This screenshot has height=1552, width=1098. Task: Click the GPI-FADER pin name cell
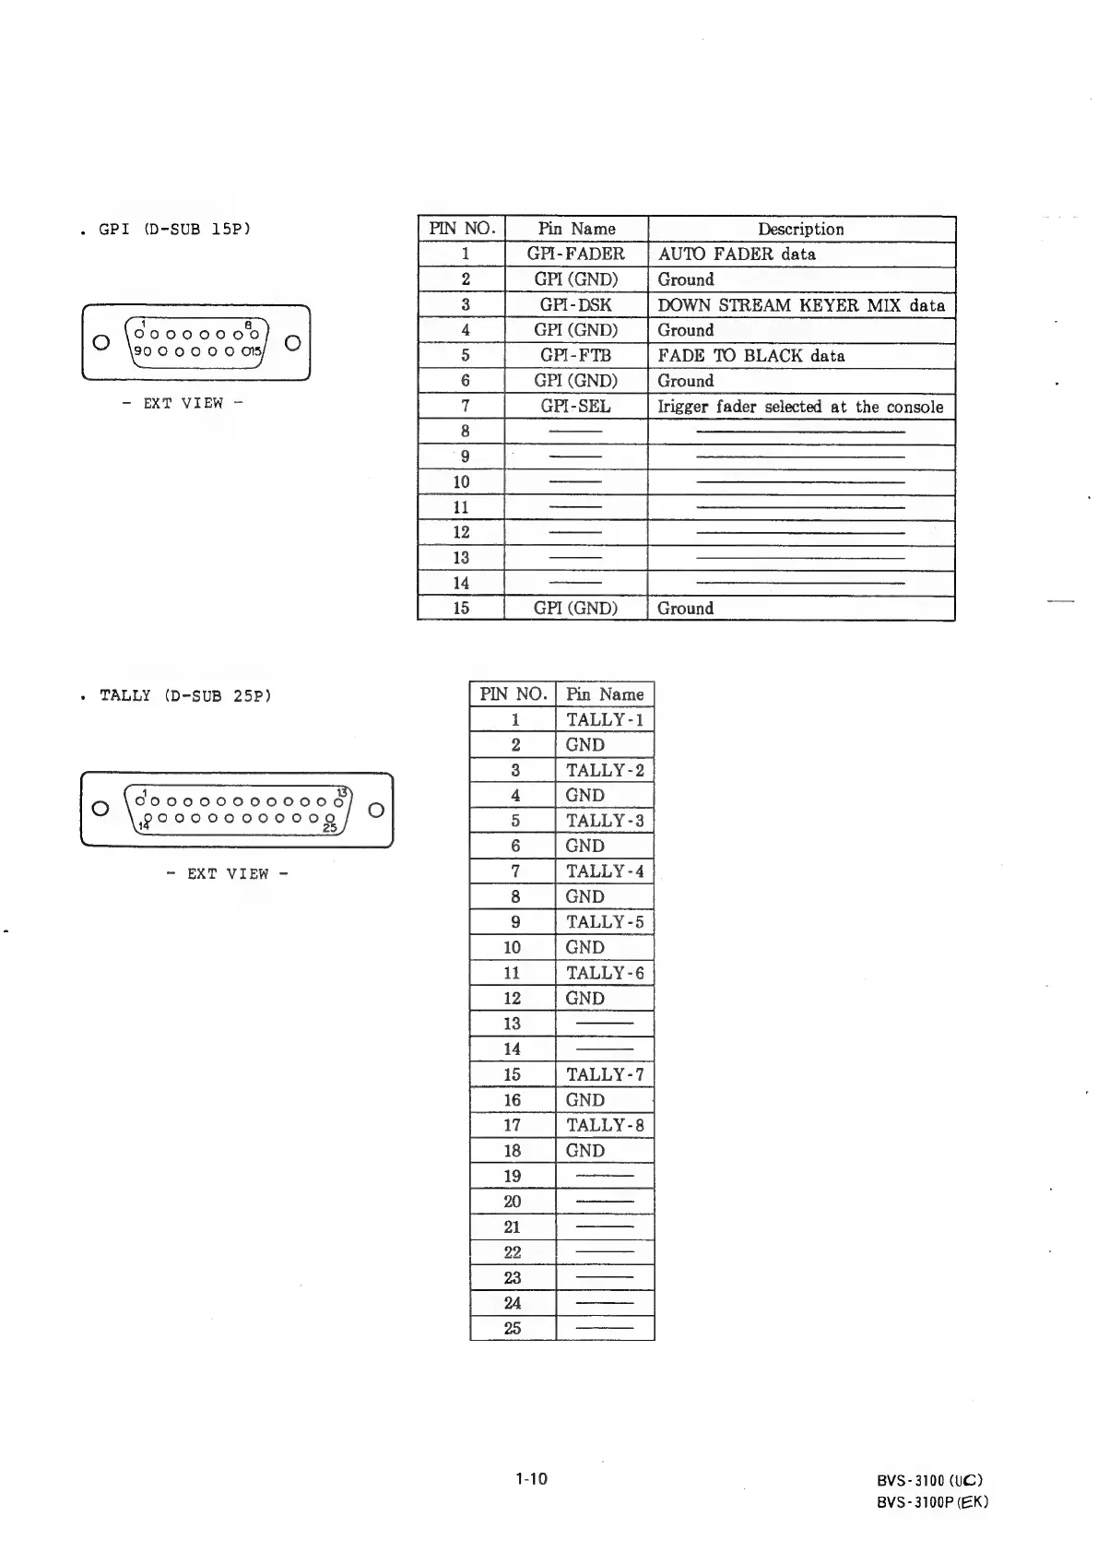point(575,255)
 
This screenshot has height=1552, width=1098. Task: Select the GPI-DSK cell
point(575,305)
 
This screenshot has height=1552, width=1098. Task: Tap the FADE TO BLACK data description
point(750,356)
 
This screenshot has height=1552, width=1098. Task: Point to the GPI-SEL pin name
point(575,407)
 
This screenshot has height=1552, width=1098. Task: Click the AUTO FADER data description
point(736,255)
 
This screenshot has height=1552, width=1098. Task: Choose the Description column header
point(800,229)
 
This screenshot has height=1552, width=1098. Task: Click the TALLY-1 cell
point(605,720)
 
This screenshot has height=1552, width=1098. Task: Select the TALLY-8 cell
point(605,1125)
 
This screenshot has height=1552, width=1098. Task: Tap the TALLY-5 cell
point(605,922)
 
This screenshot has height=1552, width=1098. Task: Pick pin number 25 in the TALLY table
point(513,1328)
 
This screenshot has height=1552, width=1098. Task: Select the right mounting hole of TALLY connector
point(376,810)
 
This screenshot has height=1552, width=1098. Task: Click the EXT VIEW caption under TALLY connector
point(228,873)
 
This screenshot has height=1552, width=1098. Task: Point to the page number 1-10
point(531,1479)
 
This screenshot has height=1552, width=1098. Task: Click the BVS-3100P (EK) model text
point(932,1501)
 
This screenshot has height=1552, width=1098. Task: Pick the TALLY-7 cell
point(605,1074)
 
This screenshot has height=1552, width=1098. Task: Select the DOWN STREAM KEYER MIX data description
point(800,305)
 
